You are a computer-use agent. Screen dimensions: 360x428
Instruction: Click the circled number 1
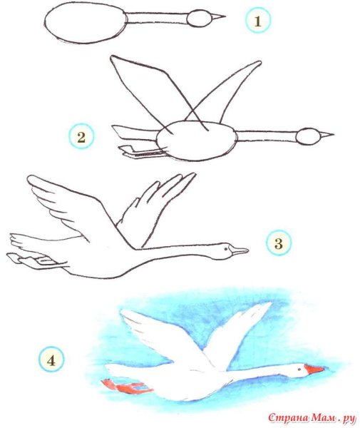tap(258, 21)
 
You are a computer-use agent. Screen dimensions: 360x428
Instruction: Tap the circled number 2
tap(81, 136)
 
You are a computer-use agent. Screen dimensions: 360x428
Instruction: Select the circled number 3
tap(279, 243)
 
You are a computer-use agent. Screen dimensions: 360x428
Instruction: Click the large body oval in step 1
tap(86, 23)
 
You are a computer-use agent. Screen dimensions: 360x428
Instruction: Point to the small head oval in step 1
tap(199, 19)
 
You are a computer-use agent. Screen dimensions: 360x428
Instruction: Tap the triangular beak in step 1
tap(218, 17)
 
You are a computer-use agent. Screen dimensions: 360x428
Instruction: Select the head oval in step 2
tap(308, 136)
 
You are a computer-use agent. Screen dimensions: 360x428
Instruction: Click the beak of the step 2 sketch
tap(326, 135)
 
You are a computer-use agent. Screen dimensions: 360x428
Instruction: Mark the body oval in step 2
tap(196, 141)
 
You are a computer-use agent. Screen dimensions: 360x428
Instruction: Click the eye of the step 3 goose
tap(225, 249)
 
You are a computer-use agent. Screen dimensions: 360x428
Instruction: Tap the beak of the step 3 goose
tap(238, 250)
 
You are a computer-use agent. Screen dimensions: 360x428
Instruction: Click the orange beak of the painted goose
tap(314, 370)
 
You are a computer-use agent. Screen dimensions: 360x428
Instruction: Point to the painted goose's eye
tap(299, 370)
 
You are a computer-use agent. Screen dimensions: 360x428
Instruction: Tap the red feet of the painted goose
tap(126, 387)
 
